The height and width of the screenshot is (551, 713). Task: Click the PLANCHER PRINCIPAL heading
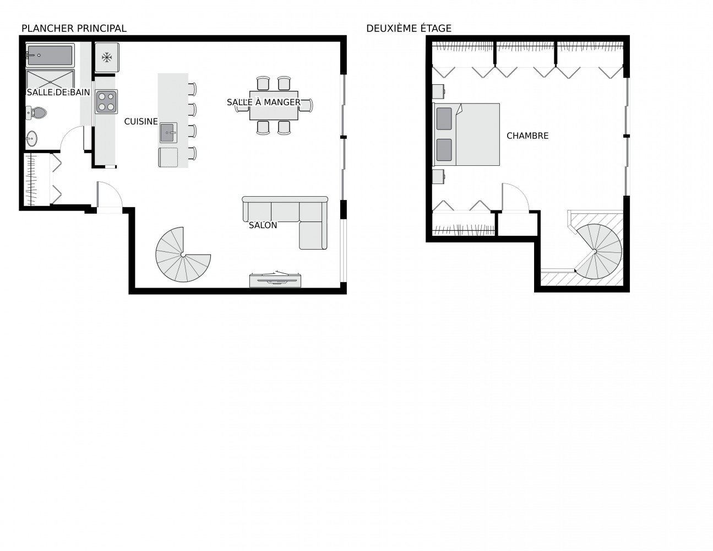[74, 29]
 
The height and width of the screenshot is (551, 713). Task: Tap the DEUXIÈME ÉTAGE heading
[409, 29]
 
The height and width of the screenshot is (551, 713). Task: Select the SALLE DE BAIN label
[58, 92]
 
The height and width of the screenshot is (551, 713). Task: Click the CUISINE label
[141, 122]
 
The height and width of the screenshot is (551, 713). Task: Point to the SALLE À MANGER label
[264, 102]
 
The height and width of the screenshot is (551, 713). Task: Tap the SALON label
[263, 225]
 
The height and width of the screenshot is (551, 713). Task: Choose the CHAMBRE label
[527, 136]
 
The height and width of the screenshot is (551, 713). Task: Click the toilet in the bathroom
[36, 112]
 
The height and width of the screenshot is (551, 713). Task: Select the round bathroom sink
[32, 138]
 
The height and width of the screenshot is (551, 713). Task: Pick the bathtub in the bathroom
[50, 55]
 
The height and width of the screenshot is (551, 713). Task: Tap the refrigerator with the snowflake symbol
[107, 57]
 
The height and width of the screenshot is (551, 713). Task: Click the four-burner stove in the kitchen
[106, 102]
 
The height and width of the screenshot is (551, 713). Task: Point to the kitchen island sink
[168, 133]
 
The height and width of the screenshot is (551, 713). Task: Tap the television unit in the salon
[275, 279]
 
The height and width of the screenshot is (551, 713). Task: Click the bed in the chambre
[466, 134]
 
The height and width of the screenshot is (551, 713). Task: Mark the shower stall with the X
[50, 79]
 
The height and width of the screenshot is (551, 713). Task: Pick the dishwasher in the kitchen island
[168, 157]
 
